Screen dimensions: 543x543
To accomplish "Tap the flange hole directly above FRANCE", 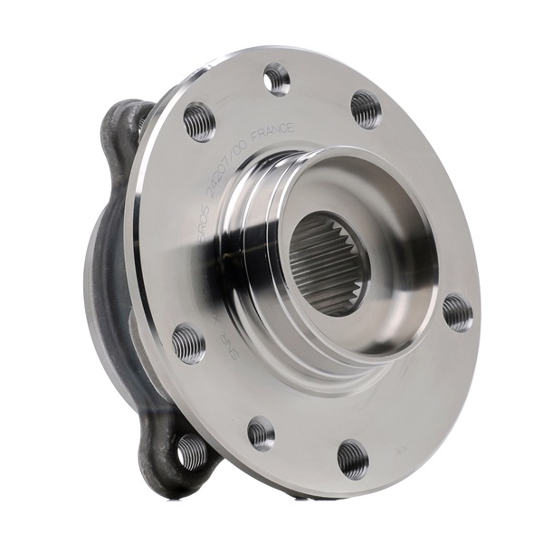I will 277,80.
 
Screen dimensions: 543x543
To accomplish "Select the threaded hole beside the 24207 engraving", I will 199,120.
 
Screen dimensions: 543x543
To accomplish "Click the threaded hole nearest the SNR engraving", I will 188,344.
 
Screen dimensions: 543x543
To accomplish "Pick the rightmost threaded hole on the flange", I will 457,312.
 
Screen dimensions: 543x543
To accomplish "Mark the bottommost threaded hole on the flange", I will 352,458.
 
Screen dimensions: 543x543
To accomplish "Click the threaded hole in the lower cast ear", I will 191,450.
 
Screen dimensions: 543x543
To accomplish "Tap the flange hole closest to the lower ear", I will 261,433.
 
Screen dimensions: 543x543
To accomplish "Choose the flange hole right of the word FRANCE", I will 366,109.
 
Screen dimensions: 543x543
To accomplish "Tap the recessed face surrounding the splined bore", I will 398,244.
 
